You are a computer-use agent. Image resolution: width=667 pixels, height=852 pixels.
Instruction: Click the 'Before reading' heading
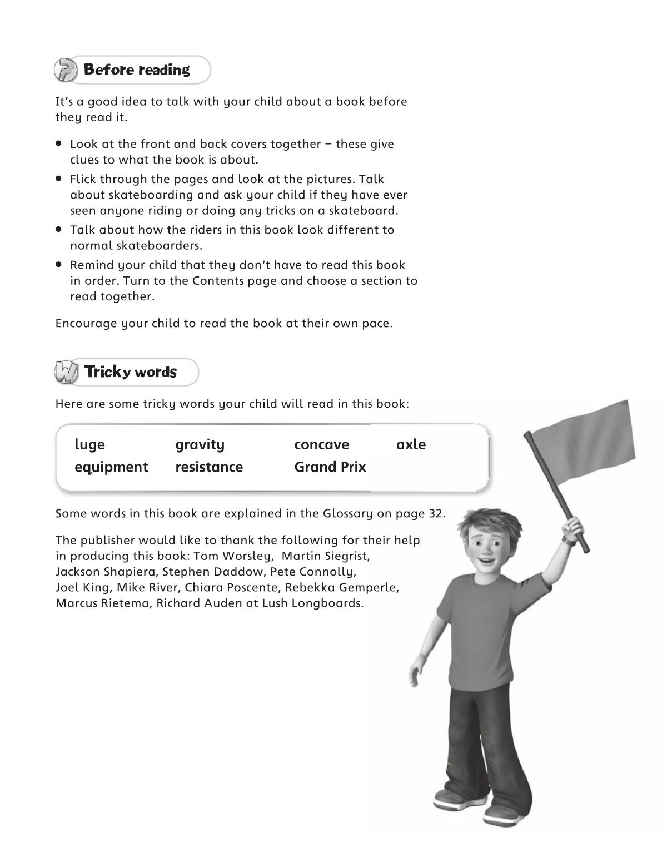point(136,70)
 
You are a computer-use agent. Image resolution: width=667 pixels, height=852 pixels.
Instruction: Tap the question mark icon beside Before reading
point(65,70)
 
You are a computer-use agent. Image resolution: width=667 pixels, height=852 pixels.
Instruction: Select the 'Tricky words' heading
point(130,372)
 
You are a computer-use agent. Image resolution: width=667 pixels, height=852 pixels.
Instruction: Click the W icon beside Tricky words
point(66,372)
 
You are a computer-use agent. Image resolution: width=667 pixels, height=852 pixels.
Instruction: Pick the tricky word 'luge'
point(89,445)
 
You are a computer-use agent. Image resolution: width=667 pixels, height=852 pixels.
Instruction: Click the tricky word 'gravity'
point(200,445)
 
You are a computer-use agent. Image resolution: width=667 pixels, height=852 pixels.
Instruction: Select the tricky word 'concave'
point(322,445)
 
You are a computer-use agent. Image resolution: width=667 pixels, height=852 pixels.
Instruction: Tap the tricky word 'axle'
point(411,445)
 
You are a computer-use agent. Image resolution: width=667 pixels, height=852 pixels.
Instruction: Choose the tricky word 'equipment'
point(111,467)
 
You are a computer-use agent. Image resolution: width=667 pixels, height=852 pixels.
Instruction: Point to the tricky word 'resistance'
point(209,467)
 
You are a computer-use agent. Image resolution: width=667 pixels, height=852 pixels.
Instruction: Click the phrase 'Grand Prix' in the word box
point(330,467)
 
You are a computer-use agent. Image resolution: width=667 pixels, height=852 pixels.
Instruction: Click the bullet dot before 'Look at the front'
point(58,143)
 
